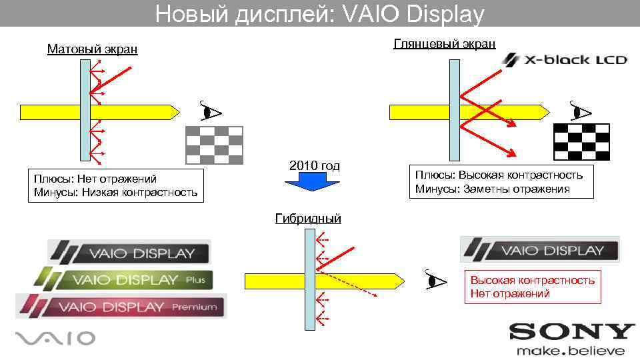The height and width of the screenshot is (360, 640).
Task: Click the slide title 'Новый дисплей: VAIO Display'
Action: click(320, 14)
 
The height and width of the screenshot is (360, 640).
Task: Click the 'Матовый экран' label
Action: click(92, 49)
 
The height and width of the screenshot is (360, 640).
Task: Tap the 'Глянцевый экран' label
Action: click(445, 44)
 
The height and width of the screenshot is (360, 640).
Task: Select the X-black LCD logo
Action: click(565, 60)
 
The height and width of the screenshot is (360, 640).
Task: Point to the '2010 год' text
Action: click(314, 165)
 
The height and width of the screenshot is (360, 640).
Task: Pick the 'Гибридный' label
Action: click(308, 218)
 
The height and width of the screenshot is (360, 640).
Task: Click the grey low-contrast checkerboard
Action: click(214, 145)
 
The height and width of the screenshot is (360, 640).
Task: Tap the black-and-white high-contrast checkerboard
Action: click(581, 143)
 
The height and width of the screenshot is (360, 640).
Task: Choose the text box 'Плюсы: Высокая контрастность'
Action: click(499, 181)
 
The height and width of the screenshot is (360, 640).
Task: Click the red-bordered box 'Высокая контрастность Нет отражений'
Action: click(532, 287)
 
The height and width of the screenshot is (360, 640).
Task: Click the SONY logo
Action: click(571, 332)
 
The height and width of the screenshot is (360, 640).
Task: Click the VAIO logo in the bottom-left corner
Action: click(55, 339)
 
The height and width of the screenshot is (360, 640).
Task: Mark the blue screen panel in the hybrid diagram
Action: click(310, 280)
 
